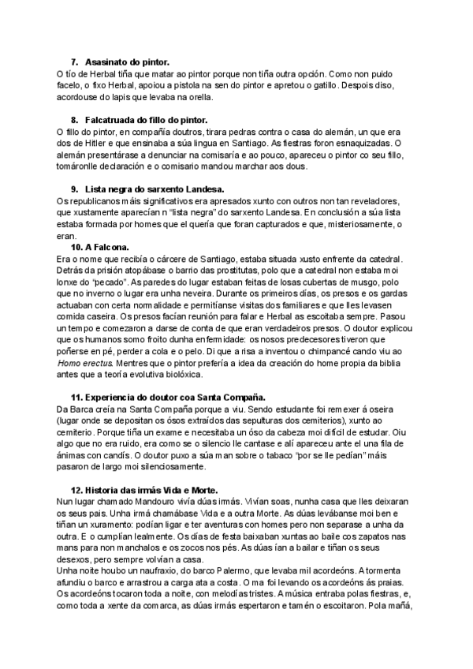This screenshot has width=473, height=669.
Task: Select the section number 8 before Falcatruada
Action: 74,120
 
